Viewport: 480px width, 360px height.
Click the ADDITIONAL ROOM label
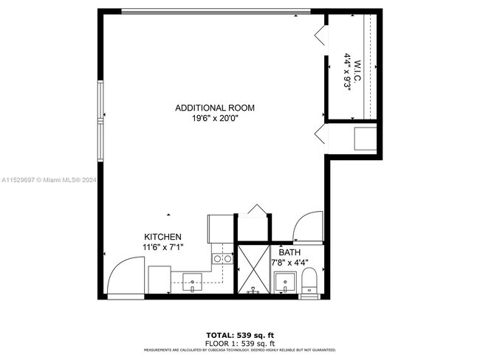pos(215,108)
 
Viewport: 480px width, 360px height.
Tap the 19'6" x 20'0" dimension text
pos(215,118)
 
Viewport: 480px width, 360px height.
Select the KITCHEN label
pos(162,237)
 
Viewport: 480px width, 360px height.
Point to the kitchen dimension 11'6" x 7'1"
pos(162,246)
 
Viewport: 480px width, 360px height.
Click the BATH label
pos(289,252)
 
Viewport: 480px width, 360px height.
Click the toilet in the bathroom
pos(309,282)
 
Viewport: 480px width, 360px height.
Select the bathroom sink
pos(284,282)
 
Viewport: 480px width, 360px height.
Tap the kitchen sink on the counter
pos(192,280)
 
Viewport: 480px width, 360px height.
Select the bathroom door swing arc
pos(306,226)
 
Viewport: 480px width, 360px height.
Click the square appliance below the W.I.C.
pos(365,139)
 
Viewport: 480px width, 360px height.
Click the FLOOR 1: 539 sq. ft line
pos(240,343)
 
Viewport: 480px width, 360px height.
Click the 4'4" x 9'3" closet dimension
pos(346,70)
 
